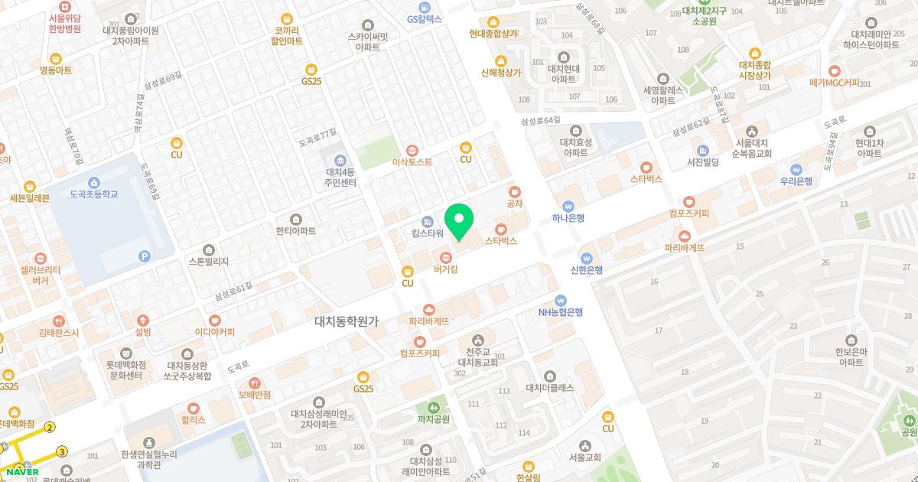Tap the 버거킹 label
(x=445, y=269)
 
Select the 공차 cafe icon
(x=514, y=191)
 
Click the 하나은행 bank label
(x=568, y=218)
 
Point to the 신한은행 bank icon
(x=586, y=258)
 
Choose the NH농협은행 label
(x=561, y=312)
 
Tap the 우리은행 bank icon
(x=796, y=169)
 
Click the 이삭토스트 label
(x=412, y=162)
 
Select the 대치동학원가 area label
(x=347, y=322)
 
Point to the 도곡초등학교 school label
(x=93, y=194)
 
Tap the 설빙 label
(x=143, y=332)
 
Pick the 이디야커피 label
(x=215, y=332)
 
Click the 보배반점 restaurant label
(x=254, y=395)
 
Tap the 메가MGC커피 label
(x=834, y=83)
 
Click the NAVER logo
(x=25, y=471)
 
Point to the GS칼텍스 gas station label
(x=425, y=18)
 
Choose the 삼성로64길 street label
(x=540, y=120)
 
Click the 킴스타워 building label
(x=428, y=233)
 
